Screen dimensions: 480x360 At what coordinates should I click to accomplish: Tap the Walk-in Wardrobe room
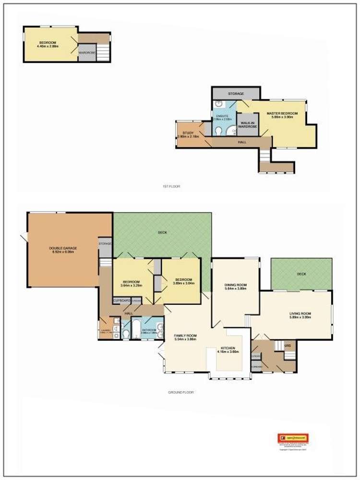[248, 124]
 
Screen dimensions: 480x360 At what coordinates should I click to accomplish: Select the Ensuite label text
[221, 117]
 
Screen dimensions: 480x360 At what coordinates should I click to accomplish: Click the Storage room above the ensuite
[236, 93]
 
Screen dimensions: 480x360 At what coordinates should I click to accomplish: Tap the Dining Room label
[235, 287]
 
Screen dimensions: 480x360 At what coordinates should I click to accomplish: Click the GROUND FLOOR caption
[180, 392]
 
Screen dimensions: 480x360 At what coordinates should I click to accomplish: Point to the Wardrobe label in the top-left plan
[86, 52]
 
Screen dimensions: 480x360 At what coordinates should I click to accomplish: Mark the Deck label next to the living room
[301, 274]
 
